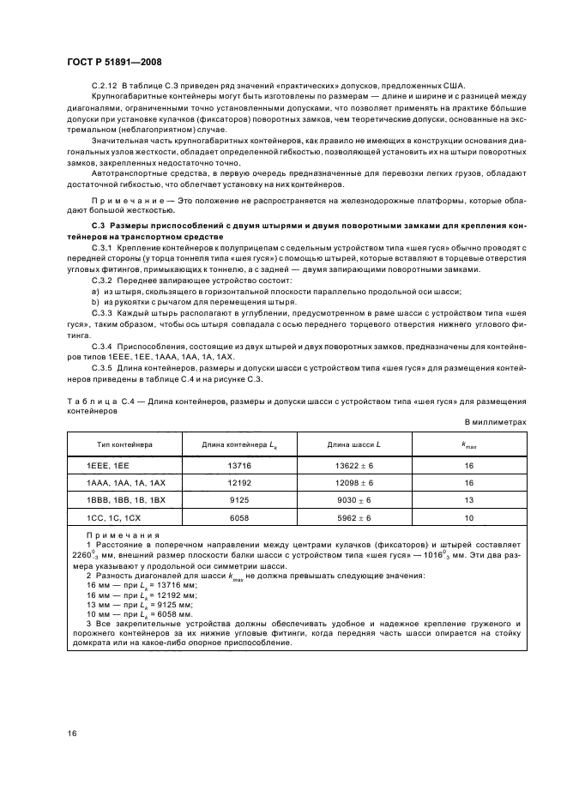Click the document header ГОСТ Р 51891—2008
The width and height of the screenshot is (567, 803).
click(x=113, y=63)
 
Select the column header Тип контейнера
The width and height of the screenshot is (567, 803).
click(x=124, y=444)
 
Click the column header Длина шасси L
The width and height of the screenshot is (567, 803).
click(x=353, y=444)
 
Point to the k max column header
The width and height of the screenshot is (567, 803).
click(x=469, y=444)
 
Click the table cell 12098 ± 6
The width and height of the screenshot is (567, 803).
click(x=353, y=483)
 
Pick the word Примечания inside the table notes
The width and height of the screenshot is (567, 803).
click(x=112, y=540)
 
